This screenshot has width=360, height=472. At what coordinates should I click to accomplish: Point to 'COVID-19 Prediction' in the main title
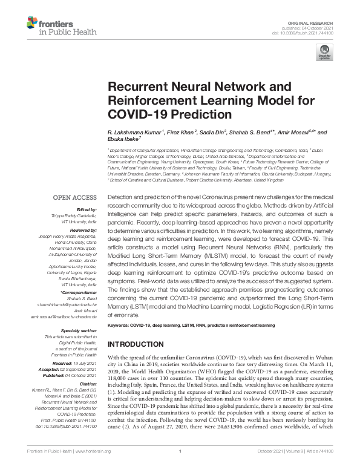(x=162, y=113)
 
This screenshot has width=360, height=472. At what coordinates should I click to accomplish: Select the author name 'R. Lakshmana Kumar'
(x=133, y=131)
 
